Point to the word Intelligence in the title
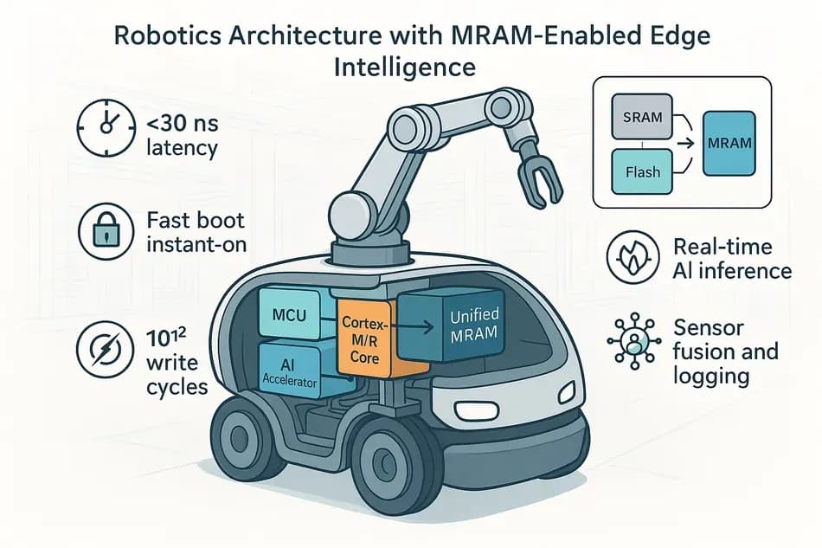coord(411,67)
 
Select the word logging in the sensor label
coord(712,377)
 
